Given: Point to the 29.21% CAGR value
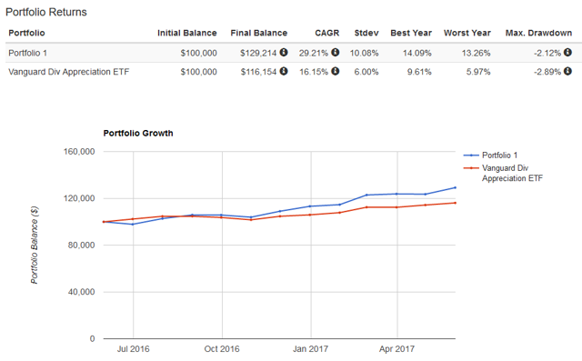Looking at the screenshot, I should pos(316,52).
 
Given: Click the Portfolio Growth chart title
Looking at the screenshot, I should pos(135,134).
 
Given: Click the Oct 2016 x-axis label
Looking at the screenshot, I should pos(221,348).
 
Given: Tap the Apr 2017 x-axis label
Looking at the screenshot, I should pos(396,348).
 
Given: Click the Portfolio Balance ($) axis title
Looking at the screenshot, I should pos(35,245).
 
